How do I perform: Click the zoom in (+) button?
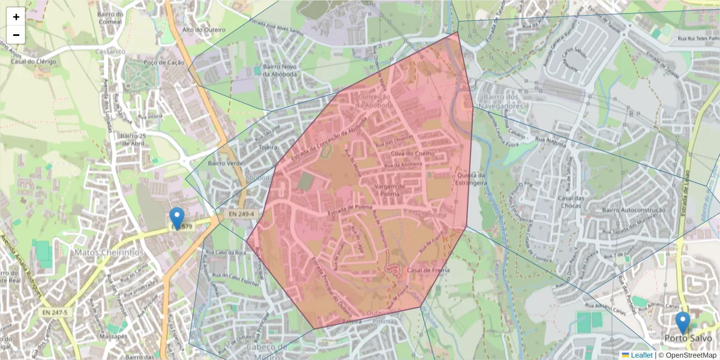(16, 17)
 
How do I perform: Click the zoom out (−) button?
(16, 35)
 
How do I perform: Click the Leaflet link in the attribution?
(641, 355)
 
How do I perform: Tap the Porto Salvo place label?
(683, 338)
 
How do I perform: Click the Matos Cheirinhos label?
(109, 253)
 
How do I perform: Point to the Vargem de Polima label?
(390, 190)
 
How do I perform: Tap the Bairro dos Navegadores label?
(500, 101)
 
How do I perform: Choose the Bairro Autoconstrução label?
(634, 210)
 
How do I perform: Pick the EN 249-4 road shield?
(241, 214)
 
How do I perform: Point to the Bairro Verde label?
(225, 163)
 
